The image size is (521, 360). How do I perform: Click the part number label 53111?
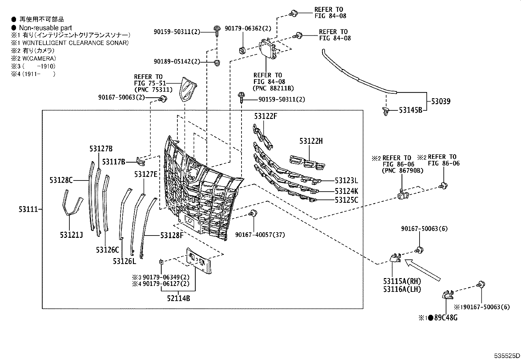(x=29, y=209)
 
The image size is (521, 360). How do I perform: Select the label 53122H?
(x=311, y=141)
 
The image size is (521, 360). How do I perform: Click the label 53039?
(x=440, y=102)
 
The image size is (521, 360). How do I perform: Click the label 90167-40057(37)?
(x=260, y=235)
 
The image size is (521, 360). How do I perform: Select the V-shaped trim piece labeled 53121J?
(x=71, y=205)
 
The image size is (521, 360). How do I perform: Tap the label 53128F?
(x=172, y=235)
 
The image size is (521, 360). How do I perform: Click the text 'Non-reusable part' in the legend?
(x=45, y=28)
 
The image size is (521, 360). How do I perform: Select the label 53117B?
(x=114, y=161)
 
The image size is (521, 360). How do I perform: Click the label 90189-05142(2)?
(x=177, y=62)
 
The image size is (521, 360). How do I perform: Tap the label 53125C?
(x=346, y=199)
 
